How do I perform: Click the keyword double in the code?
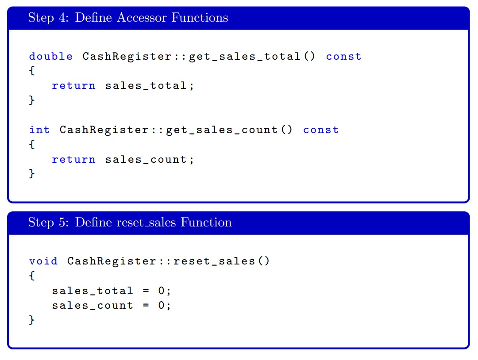coord(51,56)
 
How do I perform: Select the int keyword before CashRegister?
coord(39,130)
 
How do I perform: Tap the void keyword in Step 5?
coord(43,261)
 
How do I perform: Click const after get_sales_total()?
coord(343,56)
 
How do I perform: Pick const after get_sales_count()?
coord(321,130)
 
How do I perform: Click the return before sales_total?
coord(73,86)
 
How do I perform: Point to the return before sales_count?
coord(73,159)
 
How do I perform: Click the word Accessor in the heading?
coord(142,17)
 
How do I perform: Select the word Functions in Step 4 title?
coord(200,17)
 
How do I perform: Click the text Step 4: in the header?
coord(49,17)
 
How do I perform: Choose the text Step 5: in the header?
coord(49,222)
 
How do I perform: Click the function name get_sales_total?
coord(245,57)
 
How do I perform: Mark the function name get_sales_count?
coord(222,130)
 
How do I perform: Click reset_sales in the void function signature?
coord(214,261)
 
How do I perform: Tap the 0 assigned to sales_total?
coord(162,291)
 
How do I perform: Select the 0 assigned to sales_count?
coord(162,305)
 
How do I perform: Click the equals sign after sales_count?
coord(146,305)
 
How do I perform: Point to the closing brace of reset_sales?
coord(32,320)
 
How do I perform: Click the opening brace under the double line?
coord(32,71)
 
